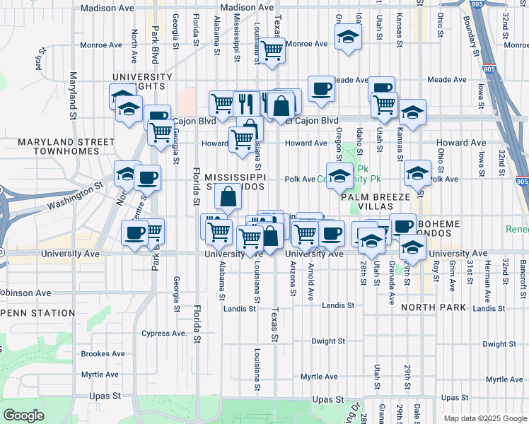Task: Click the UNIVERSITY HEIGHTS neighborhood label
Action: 141,81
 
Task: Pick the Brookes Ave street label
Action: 103,354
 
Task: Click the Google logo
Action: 24,416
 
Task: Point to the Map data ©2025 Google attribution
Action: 484,418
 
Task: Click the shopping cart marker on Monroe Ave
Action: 272,51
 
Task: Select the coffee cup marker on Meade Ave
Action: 321,88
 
